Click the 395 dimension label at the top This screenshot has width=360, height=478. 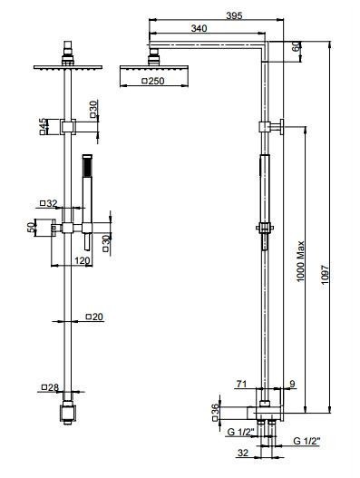pos(234,15)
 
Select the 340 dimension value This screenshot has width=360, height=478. pos(199,28)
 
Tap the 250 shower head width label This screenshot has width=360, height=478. pos(153,81)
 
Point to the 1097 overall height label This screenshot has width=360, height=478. pos(326,277)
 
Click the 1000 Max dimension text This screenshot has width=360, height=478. pos(301,261)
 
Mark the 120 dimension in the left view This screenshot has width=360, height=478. pos(83,260)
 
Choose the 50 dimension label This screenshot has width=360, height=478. pos(31,228)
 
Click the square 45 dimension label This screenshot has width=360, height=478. pos(43,126)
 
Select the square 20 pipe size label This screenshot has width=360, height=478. pos(94,317)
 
